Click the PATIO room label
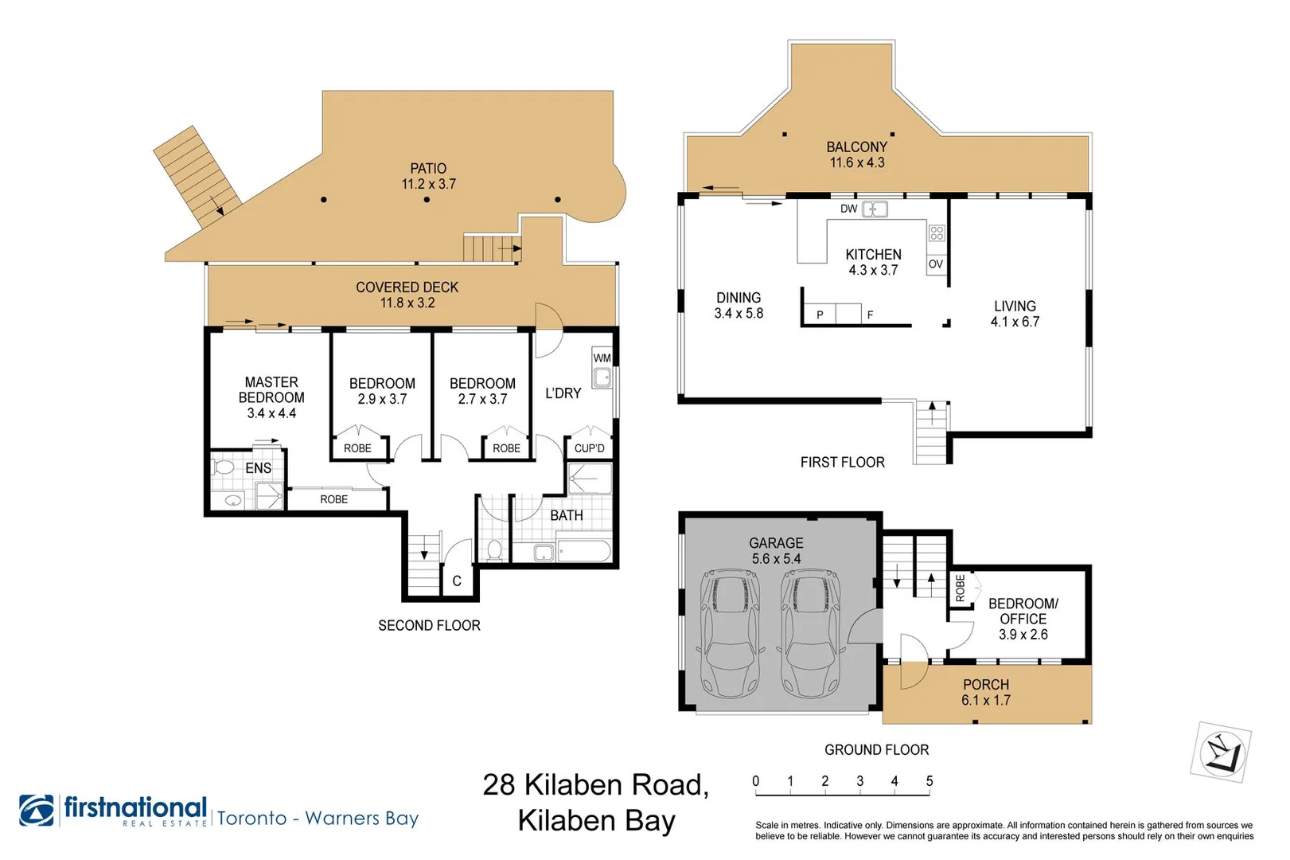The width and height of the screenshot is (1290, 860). pyautogui.click(x=428, y=168)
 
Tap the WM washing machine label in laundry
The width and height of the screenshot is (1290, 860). pyautogui.click(x=602, y=358)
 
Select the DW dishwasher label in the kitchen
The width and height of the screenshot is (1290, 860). pyautogui.click(x=849, y=209)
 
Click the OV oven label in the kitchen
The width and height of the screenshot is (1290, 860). pyautogui.click(x=936, y=264)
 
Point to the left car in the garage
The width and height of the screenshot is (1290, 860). pyautogui.click(x=730, y=633)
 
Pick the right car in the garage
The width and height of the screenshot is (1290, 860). pyautogui.click(x=810, y=633)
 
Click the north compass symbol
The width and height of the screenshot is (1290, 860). pyautogui.click(x=1221, y=752)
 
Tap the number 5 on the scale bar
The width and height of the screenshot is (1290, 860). pyautogui.click(x=929, y=781)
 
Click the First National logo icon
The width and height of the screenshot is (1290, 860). pyautogui.click(x=37, y=810)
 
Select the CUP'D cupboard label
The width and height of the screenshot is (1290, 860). pyautogui.click(x=589, y=448)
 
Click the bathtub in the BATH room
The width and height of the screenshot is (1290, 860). pyautogui.click(x=584, y=551)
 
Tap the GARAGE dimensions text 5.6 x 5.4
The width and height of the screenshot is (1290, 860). pyautogui.click(x=776, y=558)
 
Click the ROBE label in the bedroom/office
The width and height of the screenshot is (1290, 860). pyautogui.click(x=960, y=588)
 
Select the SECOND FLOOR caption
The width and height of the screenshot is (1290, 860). pyautogui.click(x=429, y=625)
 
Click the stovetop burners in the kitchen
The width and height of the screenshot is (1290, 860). pyautogui.click(x=937, y=233)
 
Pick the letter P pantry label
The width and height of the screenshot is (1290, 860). pyautogui.click(x=820, y=315)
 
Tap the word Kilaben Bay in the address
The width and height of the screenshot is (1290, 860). pyautogui.click(x=596, y=821)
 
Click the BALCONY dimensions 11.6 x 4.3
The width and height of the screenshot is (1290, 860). pyautogui.click(x=857, y=162)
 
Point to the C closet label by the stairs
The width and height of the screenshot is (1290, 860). pyautogui.click(x=457, y=581)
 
